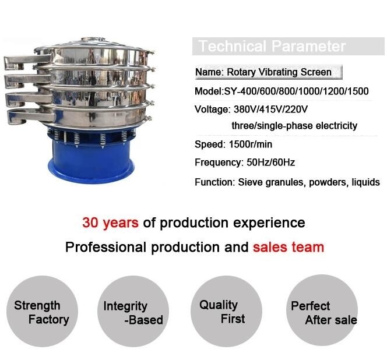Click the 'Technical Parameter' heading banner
coord(289,46)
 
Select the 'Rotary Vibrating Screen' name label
coord(279,72)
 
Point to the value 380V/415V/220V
coord(271,109)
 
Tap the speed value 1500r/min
coord(251,144)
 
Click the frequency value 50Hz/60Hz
coord(271,163)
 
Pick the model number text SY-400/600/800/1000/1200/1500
coord(296,91)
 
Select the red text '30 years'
coord(110,223)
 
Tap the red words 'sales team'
coord(289,247)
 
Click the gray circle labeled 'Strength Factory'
coord(42,312)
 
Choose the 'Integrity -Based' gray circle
coord(133,312)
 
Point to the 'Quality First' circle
coord(226,312)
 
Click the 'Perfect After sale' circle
coord(322,310)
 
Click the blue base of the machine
coord(92,160)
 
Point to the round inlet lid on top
coord(93,40)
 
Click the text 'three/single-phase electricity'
coord(294,126)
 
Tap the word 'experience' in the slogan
coord(269,223)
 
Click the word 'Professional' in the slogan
coord(105,247)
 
